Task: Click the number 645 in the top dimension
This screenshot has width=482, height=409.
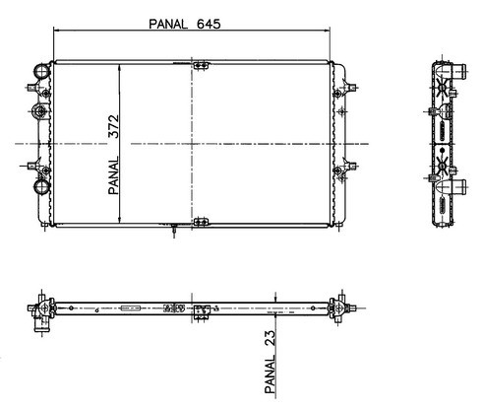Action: (x=209, y=24)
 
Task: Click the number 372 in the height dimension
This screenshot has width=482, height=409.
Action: (x=114, y=126)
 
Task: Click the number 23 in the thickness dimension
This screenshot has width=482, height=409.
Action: (x=270, y=338)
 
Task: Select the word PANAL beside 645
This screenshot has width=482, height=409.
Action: (x=168, y=24)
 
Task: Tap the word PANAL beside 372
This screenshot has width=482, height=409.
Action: (x=114, y=175)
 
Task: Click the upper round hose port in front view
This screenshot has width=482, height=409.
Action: (x=42, y=71)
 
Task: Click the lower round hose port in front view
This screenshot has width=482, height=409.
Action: (x=41, y=186)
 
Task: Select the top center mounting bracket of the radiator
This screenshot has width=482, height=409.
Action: (x=201, y=65)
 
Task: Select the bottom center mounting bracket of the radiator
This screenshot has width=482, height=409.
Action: (x=201, y=222)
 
